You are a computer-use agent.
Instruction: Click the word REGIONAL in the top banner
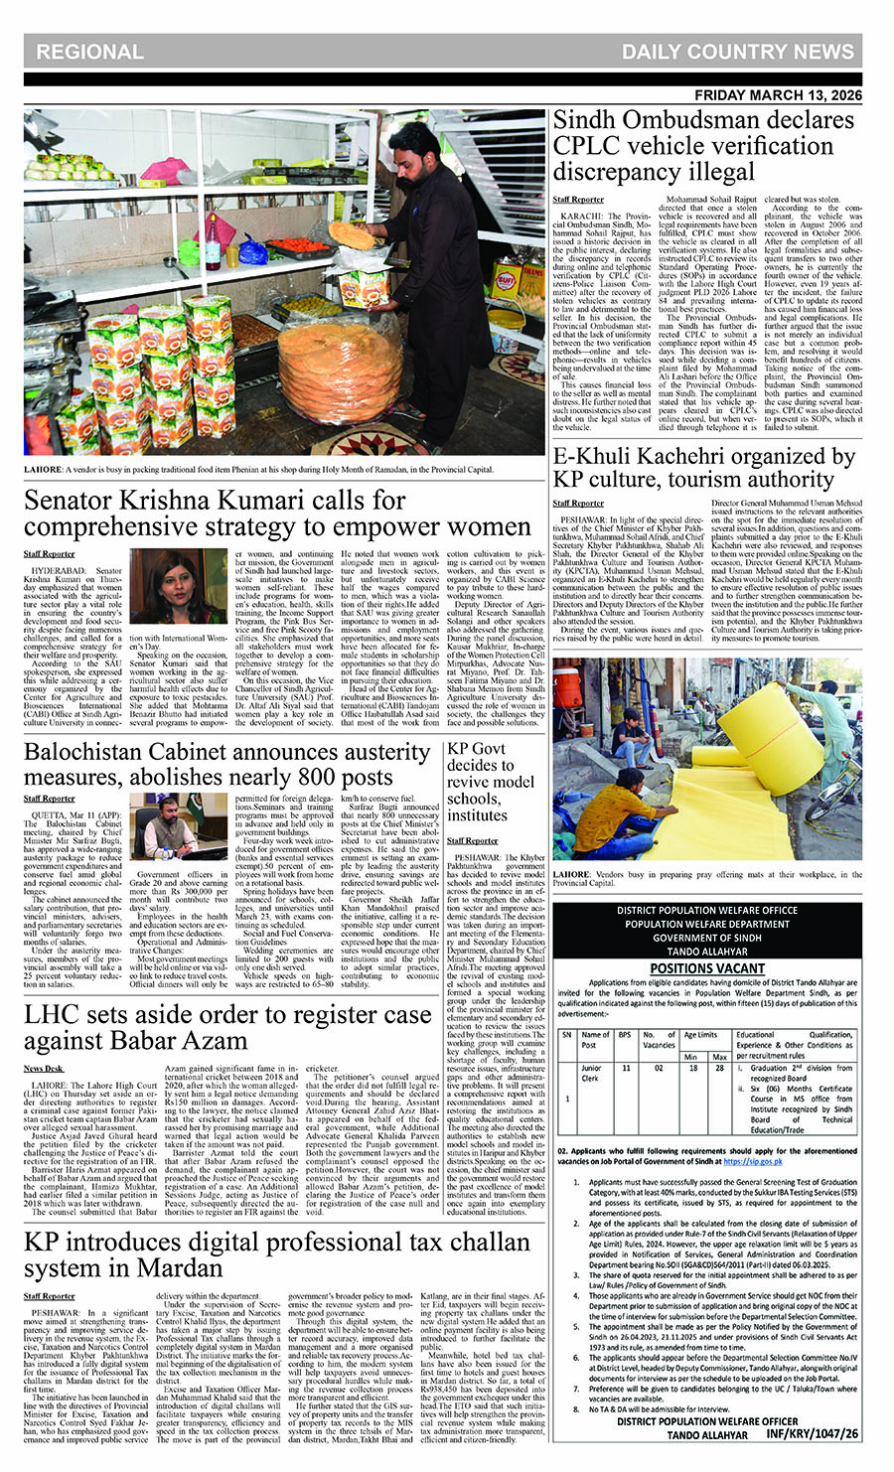click(x=89, y=52)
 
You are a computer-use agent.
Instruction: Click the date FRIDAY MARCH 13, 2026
click(x=778, y=95)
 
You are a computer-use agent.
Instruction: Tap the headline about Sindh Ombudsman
click(x=703, y=146)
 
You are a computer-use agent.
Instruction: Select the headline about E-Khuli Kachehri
click(x=703, y=468)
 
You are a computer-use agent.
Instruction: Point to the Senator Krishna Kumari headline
click(x=278, y=513)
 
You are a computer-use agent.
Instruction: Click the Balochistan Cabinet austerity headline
click(x=226, y=764)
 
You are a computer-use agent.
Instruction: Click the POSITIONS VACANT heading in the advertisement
click(x=707, y=968)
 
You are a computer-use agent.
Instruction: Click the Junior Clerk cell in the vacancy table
click(x=592, y=1073)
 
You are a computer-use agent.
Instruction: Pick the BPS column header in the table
click(x=625, y=1034)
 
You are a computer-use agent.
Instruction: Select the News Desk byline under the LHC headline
click(x=43, y=1068)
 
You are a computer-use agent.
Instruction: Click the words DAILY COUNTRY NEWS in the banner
click(x=738, y=52)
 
